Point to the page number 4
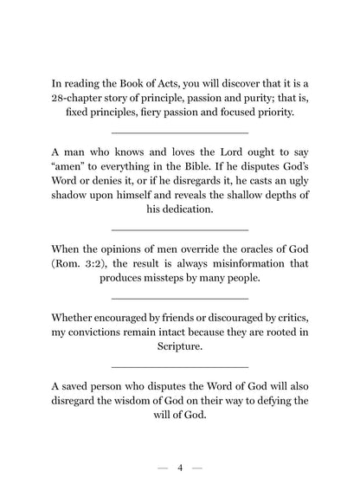(x=180, y=468)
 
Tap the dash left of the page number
(x=163, y=468)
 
